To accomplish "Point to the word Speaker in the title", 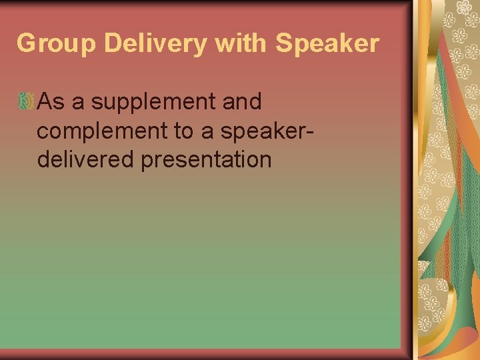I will [x=327, y=44].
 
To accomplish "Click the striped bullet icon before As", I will [x=26, y=102].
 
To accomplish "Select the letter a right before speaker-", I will [x=208, y=132].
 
